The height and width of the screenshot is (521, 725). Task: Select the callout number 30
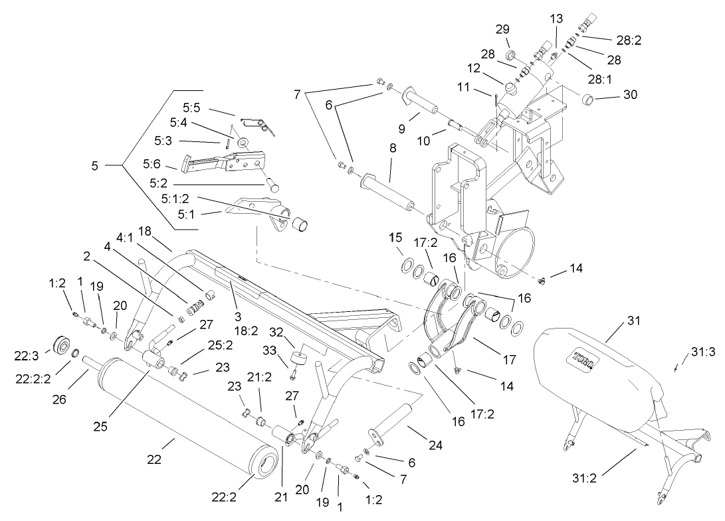(629, 95)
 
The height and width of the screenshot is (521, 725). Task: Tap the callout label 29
(502, 29)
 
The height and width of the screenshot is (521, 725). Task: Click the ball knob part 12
(512, 87)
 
